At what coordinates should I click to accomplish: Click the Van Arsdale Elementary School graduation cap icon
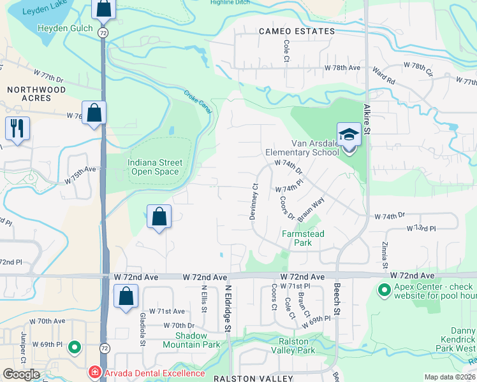coord(348,135)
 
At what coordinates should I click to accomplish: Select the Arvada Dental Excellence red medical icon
coord(94,371)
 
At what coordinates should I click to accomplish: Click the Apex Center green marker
coord(384,291)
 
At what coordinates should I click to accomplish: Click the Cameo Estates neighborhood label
coord(297,31)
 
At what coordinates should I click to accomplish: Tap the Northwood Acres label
coord(36,95)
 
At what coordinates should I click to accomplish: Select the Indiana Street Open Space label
coord(155,167)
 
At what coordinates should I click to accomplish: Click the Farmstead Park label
coord(303,238)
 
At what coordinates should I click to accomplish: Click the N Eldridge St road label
coord(226,308)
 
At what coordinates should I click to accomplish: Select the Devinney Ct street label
coord(253,201)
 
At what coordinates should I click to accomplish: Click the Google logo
coord(21,374)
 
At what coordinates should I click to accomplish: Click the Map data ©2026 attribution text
coord(450,377)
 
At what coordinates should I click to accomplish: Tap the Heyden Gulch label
coord(65,28)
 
